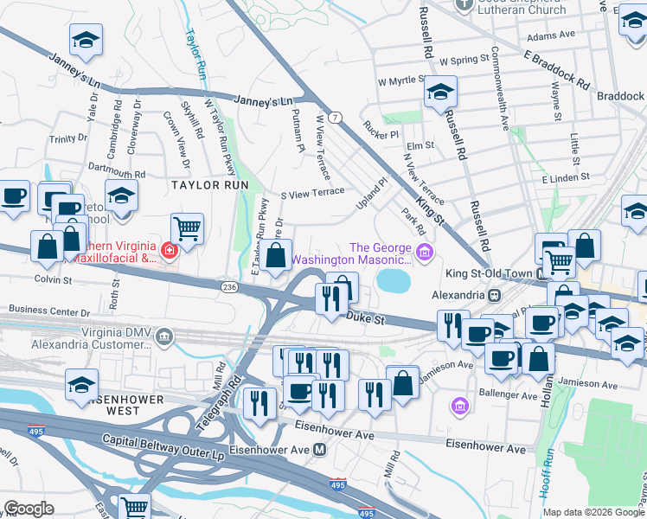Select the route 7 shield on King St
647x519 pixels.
click(334, 117)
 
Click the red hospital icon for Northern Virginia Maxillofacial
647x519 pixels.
click(170, 252)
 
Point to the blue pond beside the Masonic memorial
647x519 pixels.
click(394, 280)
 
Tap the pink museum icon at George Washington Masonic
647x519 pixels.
click(424, 252)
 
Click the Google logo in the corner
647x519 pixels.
click(29, 509)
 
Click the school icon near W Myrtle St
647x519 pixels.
click(440, 93)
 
